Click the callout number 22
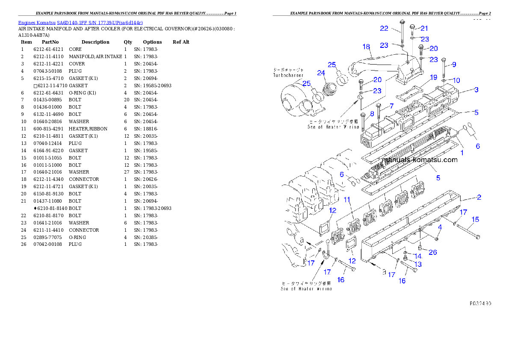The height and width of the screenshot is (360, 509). (x=384, y=28)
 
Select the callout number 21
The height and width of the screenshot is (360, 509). (x=424, y=28)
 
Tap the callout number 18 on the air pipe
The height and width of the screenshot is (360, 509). (x=366, y=47)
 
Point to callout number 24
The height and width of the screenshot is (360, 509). (x=321, y=73)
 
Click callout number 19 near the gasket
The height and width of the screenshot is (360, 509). (x=433, y=77)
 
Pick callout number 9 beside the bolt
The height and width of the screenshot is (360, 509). (x=454, y=65)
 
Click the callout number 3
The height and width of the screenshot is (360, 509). (x=476, y=90)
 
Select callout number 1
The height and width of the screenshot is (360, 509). (x=462, y=152)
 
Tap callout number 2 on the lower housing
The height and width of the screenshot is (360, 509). (x=479, y=197)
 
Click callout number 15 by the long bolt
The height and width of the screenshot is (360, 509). (x=475, y=220)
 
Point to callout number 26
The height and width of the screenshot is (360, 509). (x=433, y=252)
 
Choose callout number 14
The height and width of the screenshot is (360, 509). (x=418, y=257)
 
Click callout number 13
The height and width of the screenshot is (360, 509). (x=418, y=265)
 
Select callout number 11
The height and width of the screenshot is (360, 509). (x=347, y=200)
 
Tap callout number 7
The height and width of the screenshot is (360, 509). (x=391, y=106)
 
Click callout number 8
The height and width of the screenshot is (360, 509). (x=372, y=114)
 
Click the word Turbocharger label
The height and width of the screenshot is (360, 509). (x=288, y=75)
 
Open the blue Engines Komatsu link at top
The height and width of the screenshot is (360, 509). (x=80, y=22)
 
